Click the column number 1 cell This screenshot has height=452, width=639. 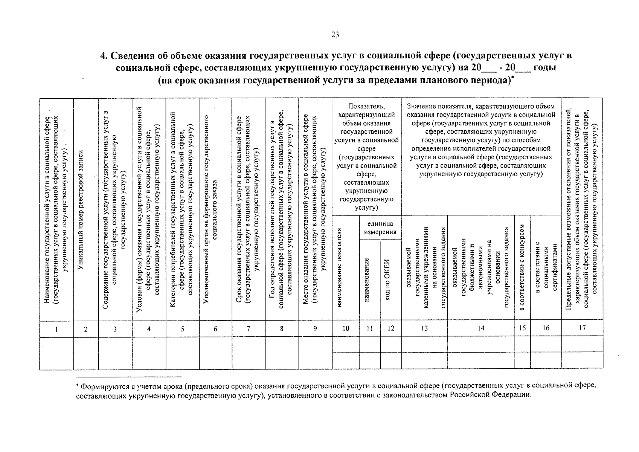pyautogui.click(x=56, y=329)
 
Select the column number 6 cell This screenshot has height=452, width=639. pyautogui.click(x=215, y=329)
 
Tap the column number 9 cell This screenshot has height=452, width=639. pyautogui.click(x=315, y=329)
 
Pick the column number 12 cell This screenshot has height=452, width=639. pyautogui.click(x=391, y=329)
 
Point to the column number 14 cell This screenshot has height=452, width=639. pyautogui.click(x=481, y=328)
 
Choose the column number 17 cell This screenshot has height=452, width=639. pyautogui.click(x=582, y=328)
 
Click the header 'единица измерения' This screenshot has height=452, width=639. pyautogui.click(x=380, y=228)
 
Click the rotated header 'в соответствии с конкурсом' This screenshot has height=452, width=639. pyautogui.click(x=522, y=267)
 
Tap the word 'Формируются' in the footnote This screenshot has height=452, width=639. pyautogui.click(x=100, y=386)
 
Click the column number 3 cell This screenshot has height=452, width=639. pyautogui.click(x=115, y=329)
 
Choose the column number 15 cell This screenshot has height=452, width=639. pyautogui.click(x=522, y=328)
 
